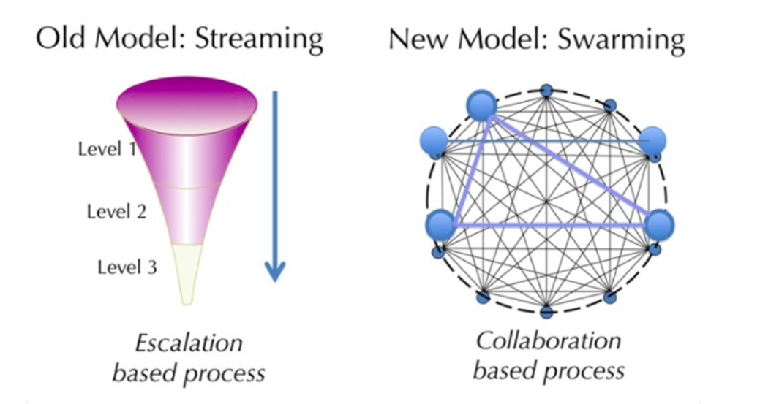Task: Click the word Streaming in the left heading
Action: [259, 39]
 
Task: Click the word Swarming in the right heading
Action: [621, 39]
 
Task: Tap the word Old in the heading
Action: [61, 38]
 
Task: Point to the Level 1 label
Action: [107, 148]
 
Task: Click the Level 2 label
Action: [116, 211]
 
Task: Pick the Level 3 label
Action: [127, 267]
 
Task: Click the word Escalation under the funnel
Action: [189, 343]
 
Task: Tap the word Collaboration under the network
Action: [548, 340]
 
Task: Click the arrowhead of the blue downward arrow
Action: [275, 271]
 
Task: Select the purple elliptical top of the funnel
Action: [187, 104]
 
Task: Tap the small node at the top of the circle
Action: [546, 91]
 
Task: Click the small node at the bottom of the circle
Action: [546, 312]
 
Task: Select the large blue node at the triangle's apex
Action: [482, 105]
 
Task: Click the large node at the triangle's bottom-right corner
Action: [660, 225]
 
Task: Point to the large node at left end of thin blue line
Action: [434, 141]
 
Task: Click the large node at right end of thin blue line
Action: [652, 141]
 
